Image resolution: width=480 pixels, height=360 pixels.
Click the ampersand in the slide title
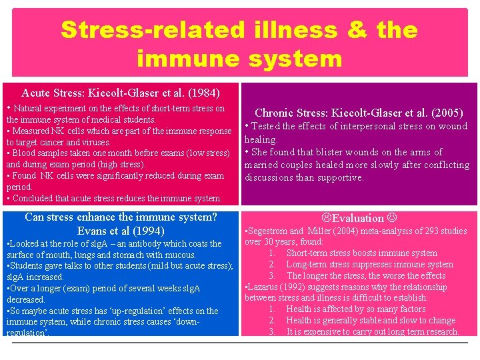point(361,30)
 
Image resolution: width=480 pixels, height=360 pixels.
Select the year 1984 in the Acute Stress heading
point(202,93)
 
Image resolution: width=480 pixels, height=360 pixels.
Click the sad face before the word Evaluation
point(326,218)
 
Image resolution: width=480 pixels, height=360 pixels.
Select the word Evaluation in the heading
point(359,218)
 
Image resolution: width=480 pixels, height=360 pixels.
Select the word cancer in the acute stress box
point(59,142)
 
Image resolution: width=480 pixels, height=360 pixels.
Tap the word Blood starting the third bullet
point(23,153)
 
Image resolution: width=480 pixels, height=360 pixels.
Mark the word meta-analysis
point(354,231)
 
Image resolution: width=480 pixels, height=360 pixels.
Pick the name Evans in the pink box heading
point(93,231)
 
